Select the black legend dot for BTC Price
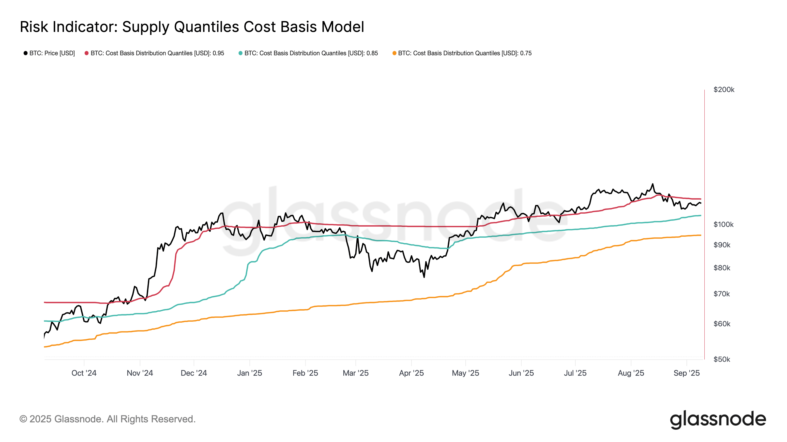(x=26, y=53)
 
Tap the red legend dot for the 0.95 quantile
(x=87, y=53)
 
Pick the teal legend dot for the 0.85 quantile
(x=241, y=53)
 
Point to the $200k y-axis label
(x=724, y=90)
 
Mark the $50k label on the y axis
(x=722, y=359)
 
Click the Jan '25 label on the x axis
(x=249, y=373)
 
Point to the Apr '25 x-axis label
(x=411, y=373)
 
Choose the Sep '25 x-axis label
(x=686, y=373)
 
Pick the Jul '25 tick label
(x=575, y=373)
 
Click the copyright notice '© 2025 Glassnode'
(x=107, y=419)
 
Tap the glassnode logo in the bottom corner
(x=718, y=420)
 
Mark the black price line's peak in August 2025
(x=652, y=184)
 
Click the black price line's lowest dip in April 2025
(x=424, y=277)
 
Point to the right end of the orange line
(x=700, y=235)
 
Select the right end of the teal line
(x=700, y=216)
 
